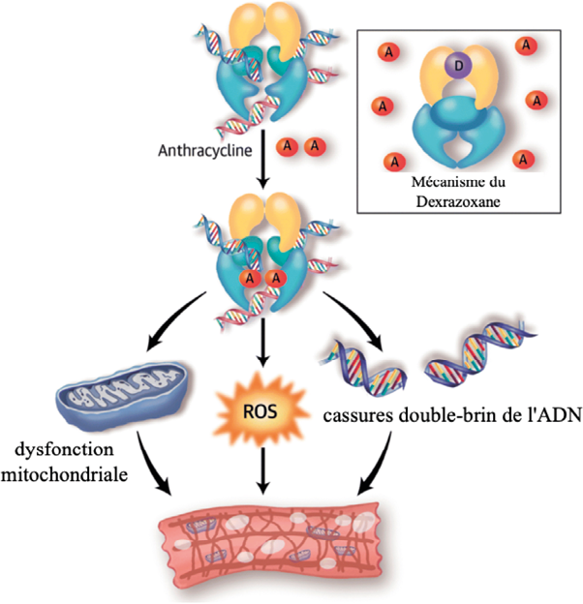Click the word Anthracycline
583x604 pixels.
click(x=207, y=150)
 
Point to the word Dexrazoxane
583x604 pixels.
click(x=454, y=196)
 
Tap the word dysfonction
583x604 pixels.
click(x=66, y=452)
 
